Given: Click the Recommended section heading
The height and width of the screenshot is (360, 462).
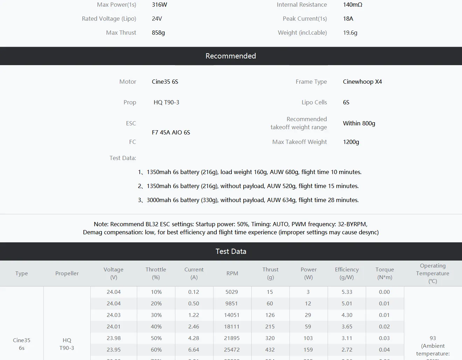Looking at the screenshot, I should pos(231,56).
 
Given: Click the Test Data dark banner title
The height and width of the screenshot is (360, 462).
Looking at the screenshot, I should pos(231,251).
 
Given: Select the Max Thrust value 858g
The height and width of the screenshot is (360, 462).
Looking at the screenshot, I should pos(158,33).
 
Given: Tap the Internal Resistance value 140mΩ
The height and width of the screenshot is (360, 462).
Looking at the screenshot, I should pos(352,5).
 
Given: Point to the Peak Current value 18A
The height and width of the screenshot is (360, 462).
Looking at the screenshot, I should pos(348,19).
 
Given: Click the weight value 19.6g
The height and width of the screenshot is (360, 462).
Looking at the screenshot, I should pos(350,33).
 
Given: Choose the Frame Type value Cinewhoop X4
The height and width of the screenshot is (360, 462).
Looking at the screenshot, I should pos(362,82).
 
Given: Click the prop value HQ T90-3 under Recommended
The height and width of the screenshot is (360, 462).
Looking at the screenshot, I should pos(166,102).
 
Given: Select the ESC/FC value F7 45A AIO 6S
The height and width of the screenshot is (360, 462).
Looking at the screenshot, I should pos(171,132).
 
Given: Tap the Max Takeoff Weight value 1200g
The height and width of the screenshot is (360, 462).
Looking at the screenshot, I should pos(351,142).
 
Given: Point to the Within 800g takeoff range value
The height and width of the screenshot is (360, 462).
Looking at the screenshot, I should pos(359,123).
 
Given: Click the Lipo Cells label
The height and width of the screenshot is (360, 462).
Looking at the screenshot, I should pos(314,102).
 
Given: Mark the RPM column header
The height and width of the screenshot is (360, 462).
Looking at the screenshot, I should pos(232,274).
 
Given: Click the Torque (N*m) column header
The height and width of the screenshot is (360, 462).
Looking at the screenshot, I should pos(385,274).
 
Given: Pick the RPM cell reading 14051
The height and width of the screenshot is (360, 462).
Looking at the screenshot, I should pos(232,315).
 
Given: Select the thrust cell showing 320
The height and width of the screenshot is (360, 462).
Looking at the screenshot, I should pos(270,338).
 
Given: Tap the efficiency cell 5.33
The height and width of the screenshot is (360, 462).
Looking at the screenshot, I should pos(347,292).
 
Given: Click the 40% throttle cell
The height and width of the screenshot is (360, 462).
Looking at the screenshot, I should pos(156,327).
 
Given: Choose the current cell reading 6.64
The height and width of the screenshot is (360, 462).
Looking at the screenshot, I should pos(194,350).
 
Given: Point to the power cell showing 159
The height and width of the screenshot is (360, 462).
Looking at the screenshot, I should pos(308,350).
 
